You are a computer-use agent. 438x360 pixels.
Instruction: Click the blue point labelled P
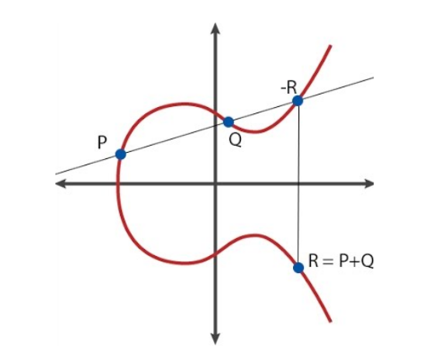pos(121,154)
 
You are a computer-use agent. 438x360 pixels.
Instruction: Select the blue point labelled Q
pos(229,122)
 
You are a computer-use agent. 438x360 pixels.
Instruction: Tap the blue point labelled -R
pos(298,101)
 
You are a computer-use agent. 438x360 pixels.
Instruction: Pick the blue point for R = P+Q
pos(298,268)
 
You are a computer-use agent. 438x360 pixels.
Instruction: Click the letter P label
pos(102,142)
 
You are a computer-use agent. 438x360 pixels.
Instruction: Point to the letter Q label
pos(235,140)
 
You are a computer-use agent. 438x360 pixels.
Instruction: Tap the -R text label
pos(288,88)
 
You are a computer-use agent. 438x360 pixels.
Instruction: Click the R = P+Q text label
pos(341,261)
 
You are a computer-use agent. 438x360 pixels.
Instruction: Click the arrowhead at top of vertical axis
pos(215,28)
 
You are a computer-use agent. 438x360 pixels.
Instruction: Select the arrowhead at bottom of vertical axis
pos(215,339)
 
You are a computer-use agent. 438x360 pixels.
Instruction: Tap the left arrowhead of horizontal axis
pos(60,184)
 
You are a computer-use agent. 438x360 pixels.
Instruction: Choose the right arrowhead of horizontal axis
pos(369,184)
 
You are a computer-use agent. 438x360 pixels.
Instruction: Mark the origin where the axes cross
pos(215,184)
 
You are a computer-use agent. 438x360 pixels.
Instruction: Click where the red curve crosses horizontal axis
pos(118,184)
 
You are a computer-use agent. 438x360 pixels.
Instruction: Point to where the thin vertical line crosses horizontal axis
pos(298,184)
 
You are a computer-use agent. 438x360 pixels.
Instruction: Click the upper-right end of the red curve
pos(330,46)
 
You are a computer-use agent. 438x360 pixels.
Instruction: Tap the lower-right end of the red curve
pos(330,321)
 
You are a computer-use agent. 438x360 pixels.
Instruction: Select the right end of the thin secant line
pos(374,78)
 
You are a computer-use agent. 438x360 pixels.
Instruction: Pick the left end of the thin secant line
pos(56,174)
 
